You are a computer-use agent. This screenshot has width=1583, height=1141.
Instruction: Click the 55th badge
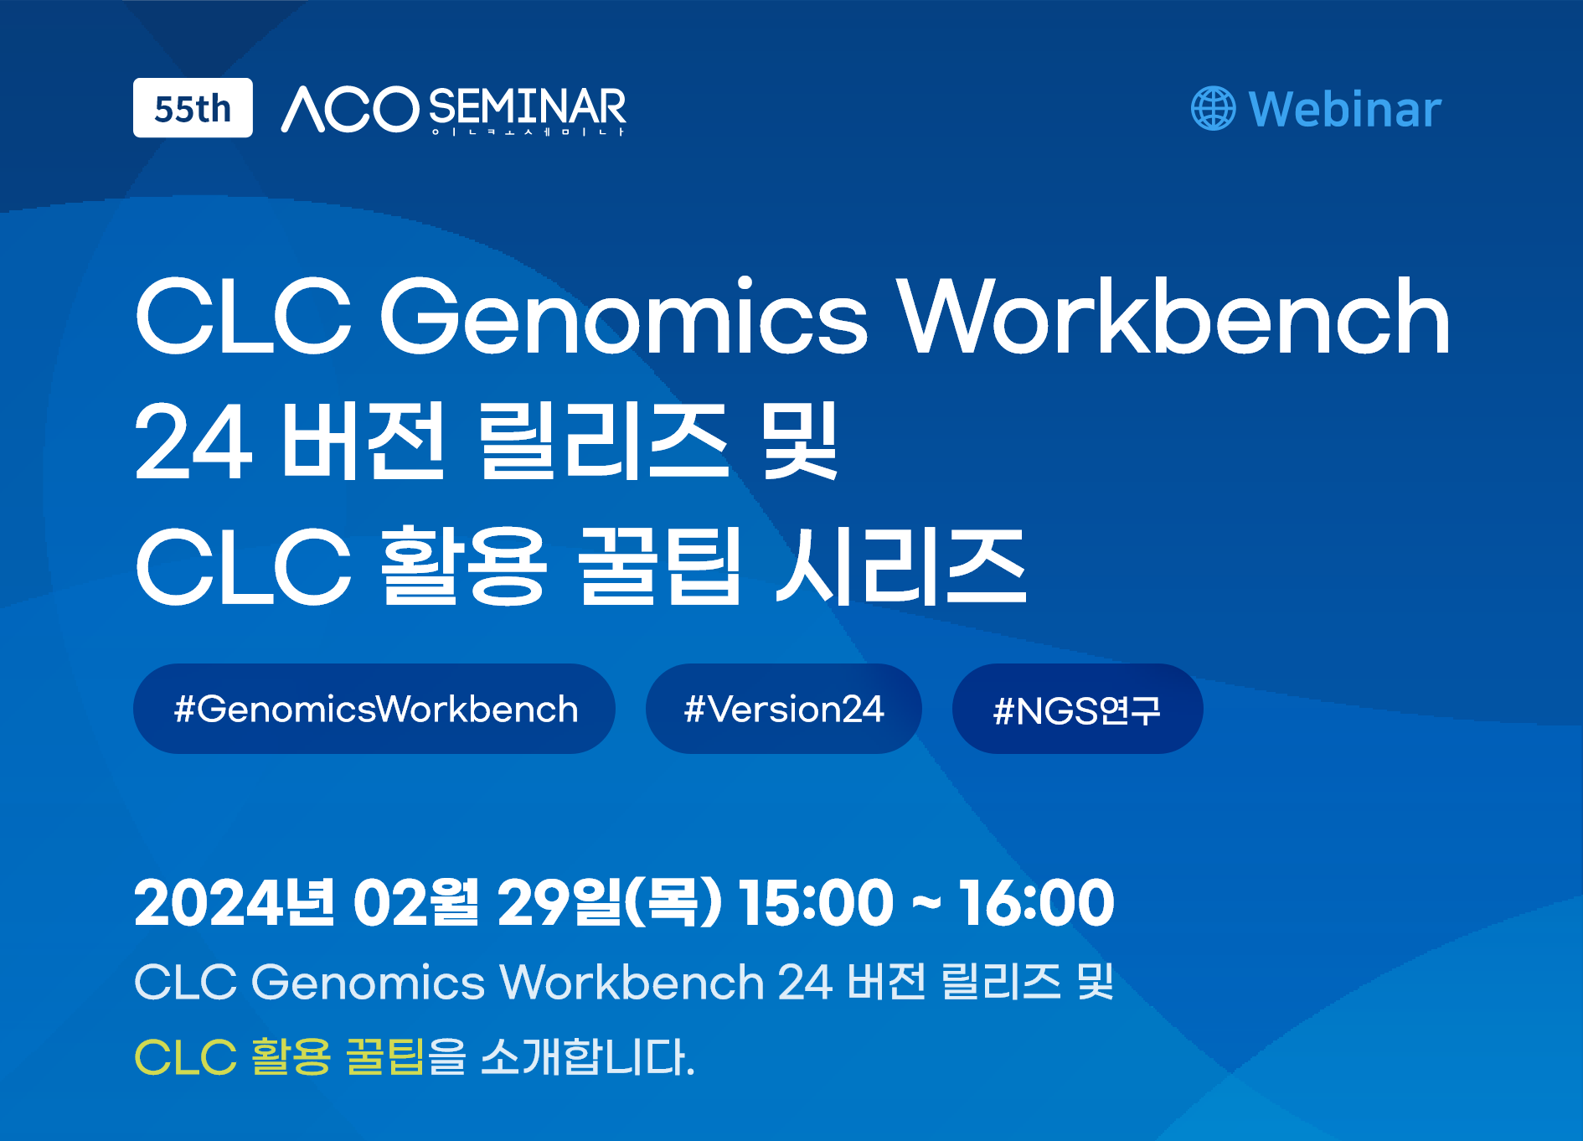(193, 108)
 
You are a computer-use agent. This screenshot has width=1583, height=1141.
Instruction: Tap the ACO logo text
(350, 110)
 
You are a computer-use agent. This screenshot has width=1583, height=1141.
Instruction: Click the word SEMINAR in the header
(528, 107)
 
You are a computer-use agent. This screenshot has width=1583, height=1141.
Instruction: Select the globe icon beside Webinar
(1213, 109)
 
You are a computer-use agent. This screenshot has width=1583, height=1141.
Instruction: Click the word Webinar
(1345, 109)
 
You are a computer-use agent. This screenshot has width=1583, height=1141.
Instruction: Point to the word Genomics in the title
(624, 317)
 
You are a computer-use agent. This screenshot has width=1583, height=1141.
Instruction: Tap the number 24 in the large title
(193, 441)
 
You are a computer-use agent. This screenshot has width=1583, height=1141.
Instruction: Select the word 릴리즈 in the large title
(603, 440)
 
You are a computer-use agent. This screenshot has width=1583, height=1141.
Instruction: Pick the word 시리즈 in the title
(901, 565)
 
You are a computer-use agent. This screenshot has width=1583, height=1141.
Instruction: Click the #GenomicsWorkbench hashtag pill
(374, 709)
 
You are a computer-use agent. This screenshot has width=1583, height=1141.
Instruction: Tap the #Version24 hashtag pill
(784, 709)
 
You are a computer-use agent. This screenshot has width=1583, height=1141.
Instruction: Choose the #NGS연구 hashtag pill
(1078, 709)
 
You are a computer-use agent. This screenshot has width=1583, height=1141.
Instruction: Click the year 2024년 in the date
(235, 903)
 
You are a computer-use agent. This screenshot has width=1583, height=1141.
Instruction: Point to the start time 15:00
(816, 903)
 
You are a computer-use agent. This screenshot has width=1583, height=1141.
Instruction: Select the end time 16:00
(1037, 903)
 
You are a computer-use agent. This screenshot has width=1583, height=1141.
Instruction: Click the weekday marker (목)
(673, 903)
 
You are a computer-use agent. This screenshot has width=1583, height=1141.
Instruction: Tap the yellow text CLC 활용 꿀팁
(279, 1056)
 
